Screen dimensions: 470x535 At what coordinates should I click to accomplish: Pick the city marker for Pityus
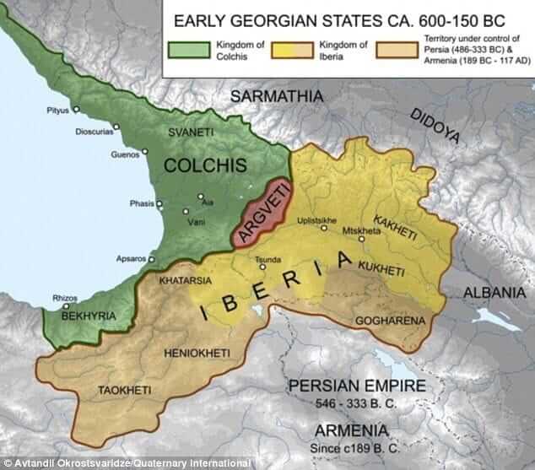tap(75, 110)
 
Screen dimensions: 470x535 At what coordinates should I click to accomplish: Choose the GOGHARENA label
tap(387, 321)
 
